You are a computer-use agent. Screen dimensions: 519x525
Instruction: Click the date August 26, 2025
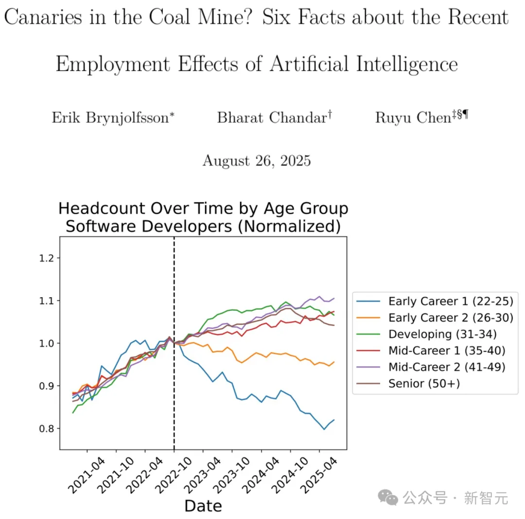256,160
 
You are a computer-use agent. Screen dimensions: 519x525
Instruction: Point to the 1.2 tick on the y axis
46,258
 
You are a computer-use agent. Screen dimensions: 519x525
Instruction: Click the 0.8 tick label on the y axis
46,429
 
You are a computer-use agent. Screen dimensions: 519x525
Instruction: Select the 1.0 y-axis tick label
46,343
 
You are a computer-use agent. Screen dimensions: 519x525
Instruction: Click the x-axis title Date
203,506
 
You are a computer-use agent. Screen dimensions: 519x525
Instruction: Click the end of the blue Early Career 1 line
334,420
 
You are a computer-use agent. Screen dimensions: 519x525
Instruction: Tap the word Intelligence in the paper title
405,64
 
